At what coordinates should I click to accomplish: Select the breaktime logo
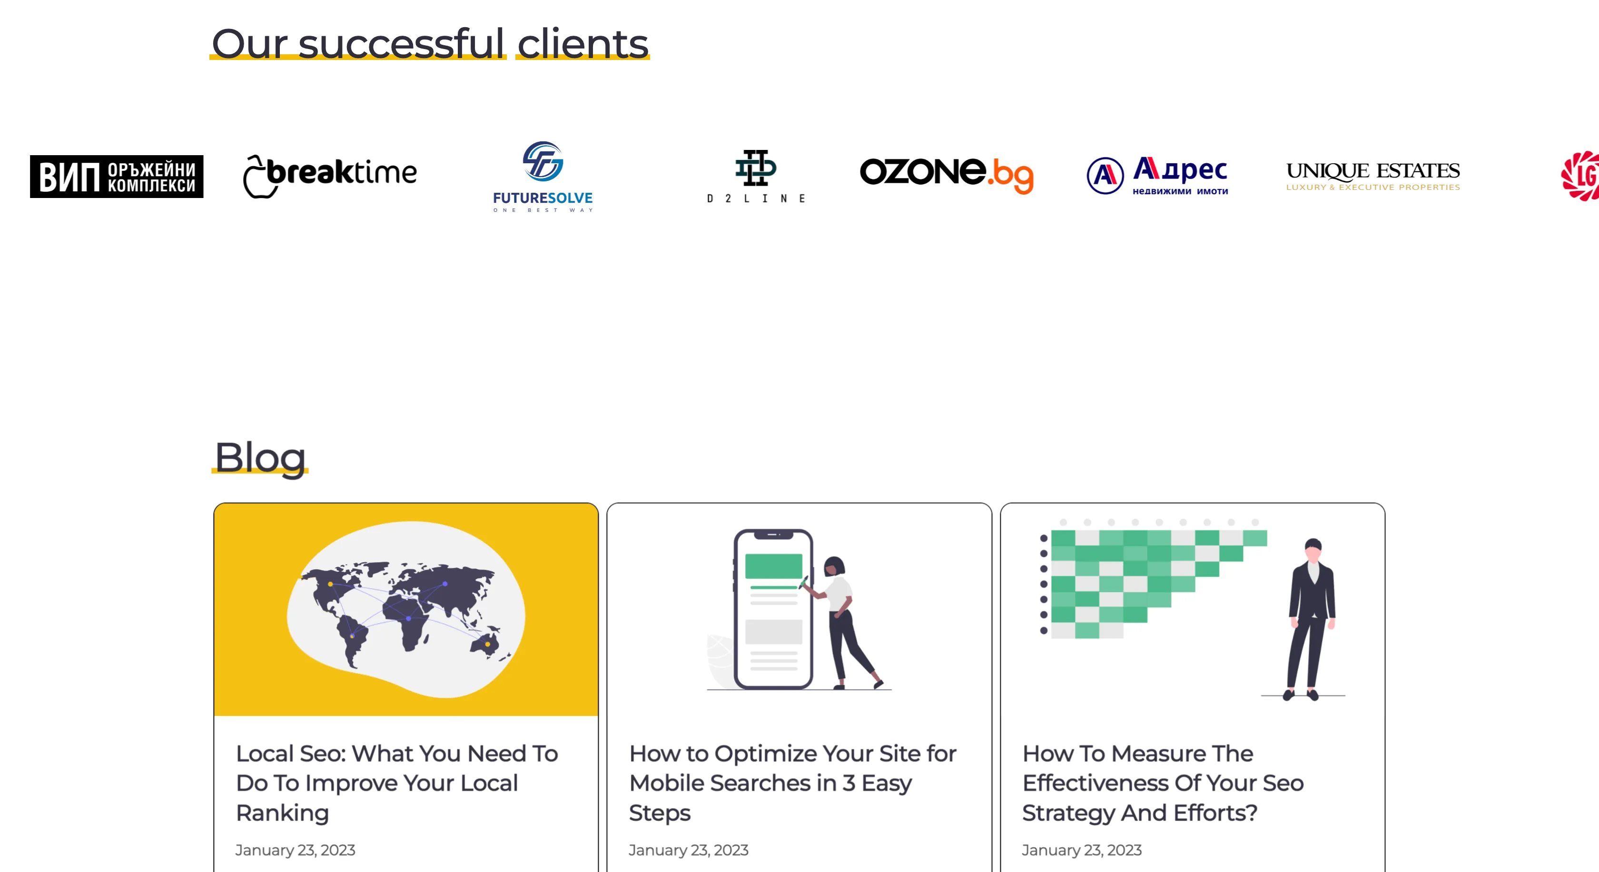[330, 176]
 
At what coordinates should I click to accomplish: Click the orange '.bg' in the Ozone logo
[1011, 175]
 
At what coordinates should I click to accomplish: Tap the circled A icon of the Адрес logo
[1105, 176]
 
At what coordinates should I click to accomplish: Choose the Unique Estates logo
[1373, 176]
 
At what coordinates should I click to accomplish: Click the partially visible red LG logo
[1580, 176]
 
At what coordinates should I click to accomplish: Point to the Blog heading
[260, 458]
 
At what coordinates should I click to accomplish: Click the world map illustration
[406, 609]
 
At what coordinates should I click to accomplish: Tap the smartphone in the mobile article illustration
[773, 609]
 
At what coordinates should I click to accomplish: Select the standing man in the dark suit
[1311, 619]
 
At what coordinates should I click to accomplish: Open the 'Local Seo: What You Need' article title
[397, 783]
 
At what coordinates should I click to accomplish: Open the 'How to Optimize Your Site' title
[793, 783]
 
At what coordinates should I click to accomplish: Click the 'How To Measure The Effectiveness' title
[1163, 783]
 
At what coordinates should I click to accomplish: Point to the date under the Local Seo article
[296, 850]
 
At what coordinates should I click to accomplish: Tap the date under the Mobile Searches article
[689, 850]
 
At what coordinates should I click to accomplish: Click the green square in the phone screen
[773, 566]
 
